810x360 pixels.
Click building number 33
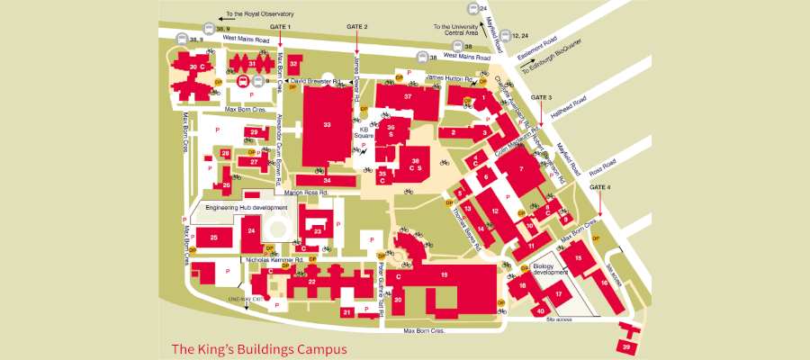click(x=327, y=124)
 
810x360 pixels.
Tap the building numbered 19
click(x=444, y=273)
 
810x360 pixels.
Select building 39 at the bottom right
click(x=625, y=346)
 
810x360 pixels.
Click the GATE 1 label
click(x=281, y=27)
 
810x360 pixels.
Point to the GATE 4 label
click(x=600, y=186)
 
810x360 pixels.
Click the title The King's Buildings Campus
click(x=258, y=348)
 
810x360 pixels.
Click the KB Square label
click(x=364, y=133)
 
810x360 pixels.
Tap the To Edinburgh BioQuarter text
click(x=557, y=56)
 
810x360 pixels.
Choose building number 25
click(x=214, y=238)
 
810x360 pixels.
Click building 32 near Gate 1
click(x=293, y=64)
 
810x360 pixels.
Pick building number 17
click(x=558, y=293)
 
